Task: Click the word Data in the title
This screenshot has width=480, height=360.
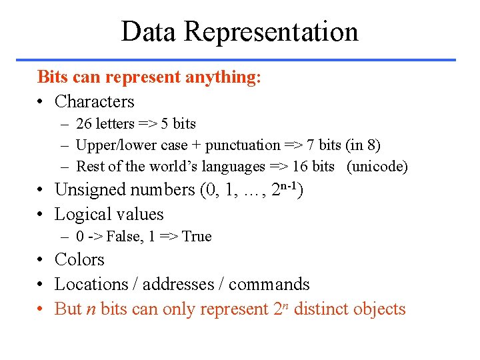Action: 149,31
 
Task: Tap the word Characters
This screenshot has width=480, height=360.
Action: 95,102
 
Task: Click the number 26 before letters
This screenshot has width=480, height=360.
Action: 84,124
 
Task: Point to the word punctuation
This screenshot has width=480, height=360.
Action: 243,145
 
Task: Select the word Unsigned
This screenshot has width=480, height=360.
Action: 90,190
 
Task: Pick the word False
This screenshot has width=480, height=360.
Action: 124,237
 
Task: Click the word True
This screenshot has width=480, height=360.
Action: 197,237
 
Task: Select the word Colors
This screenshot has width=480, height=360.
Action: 79,260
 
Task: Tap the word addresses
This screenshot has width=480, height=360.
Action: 178,285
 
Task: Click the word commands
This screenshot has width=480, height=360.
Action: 269,285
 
